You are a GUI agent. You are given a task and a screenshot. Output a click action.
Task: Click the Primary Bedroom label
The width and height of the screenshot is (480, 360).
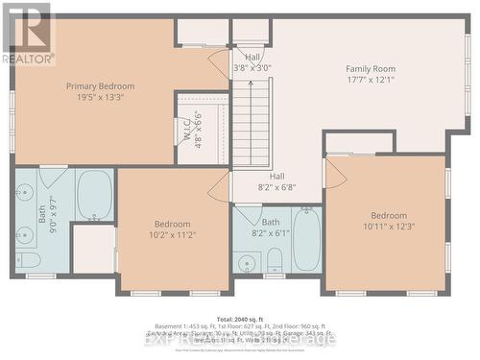pos(100,86)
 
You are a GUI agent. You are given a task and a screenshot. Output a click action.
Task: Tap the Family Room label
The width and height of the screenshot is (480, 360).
pos(371,68)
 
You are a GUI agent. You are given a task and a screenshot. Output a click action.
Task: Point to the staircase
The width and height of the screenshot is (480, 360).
pos(252,123)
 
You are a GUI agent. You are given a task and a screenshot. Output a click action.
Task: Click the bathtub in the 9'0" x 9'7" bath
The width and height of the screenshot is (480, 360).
pos(94,194)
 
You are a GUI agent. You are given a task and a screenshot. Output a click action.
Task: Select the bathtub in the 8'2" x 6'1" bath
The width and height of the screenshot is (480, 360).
pos(307,239)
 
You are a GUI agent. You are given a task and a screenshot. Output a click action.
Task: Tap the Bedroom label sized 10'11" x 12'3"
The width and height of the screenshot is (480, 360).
pos(389,215)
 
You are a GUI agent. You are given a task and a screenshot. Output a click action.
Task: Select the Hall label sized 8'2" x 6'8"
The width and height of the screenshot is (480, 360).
pos(276,177)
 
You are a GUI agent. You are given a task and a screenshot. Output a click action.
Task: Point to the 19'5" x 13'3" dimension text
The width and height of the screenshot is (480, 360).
pos(100,97)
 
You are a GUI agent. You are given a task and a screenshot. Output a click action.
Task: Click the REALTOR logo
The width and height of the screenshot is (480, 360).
pos(28,34)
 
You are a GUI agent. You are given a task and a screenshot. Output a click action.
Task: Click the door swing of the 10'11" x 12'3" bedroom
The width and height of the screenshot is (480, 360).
pos(335,174)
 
